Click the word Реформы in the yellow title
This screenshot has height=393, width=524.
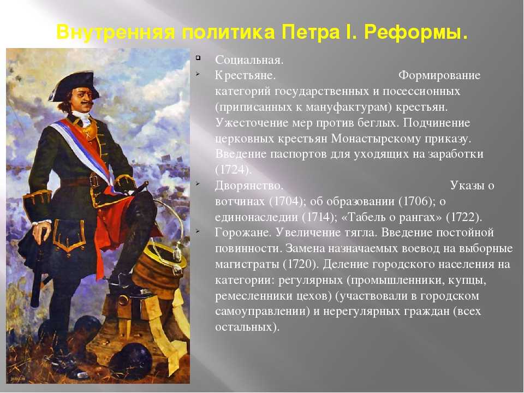pyautogui.click(x=416, y=33)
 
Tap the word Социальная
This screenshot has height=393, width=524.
pyautogui.click(x=249, y=60)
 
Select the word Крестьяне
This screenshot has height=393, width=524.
pyautogui.click(x=245, y=75)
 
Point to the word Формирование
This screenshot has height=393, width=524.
pyautogui.click(x=439, y=75)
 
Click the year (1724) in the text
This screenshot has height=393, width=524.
pyautogui.click(x=233, y=170)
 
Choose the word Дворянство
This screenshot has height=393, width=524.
pyautogui.click(x=249, y=186)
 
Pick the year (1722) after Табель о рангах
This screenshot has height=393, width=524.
pyautogui.click(x=464, y=217)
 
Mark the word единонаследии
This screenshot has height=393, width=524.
pyautogui.click(x=257, y=217)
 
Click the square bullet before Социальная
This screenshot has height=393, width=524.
pyautogui.click(x=198, y=58)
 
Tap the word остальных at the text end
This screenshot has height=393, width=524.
pyautogui.click(x=247, y=326)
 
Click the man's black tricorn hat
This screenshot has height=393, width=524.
pyautogui.click(x=74, y=85)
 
